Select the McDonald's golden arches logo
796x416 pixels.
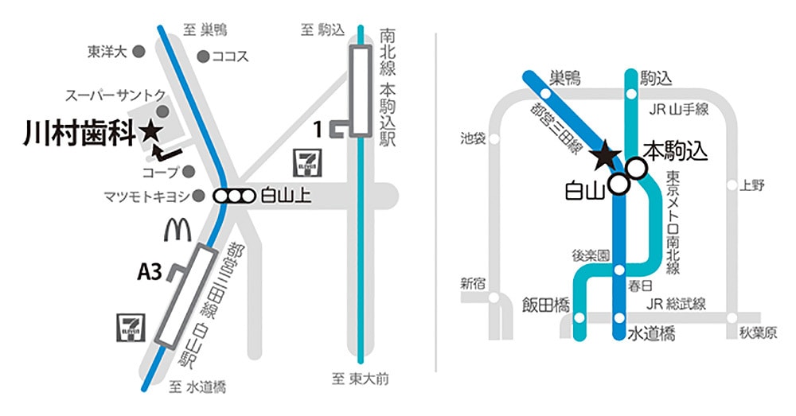[x=178, y=229]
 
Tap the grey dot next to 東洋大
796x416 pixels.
[x=139, y=52]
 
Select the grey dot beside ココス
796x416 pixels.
[x=203, y=56]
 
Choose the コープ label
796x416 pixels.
[x=158, y=171]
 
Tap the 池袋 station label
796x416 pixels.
[x=473, y=138]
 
